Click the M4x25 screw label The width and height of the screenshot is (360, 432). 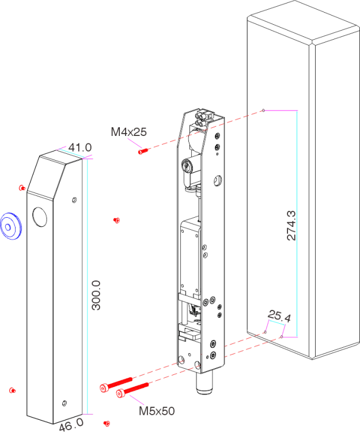click(128, 132)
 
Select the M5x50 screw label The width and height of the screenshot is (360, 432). click(157, 411)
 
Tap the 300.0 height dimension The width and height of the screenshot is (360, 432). click(96, 295)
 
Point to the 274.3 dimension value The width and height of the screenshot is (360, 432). click(291, 225)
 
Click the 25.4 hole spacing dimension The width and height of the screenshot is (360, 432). click(279, 316)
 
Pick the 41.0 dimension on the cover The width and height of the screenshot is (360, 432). click(80, 147)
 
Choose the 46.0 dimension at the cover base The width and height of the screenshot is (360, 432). click(71, 424)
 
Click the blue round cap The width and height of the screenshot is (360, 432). click(11, 226)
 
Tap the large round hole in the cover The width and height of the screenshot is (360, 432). click(40, 217)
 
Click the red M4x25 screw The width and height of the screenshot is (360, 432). click(143, 151)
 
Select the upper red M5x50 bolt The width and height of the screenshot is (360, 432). click(116, 384)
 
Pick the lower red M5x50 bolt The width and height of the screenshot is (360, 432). click(132, 389)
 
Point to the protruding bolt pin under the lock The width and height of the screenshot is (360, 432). click(204, 383)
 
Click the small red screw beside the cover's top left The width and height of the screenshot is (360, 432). click(22, 188)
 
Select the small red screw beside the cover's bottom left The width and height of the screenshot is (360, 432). click(13, 391)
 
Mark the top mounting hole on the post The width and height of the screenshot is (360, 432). click(263, 110)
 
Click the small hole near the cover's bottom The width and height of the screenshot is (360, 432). click(65, 403)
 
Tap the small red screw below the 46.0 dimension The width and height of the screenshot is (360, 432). click(107, 423)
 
